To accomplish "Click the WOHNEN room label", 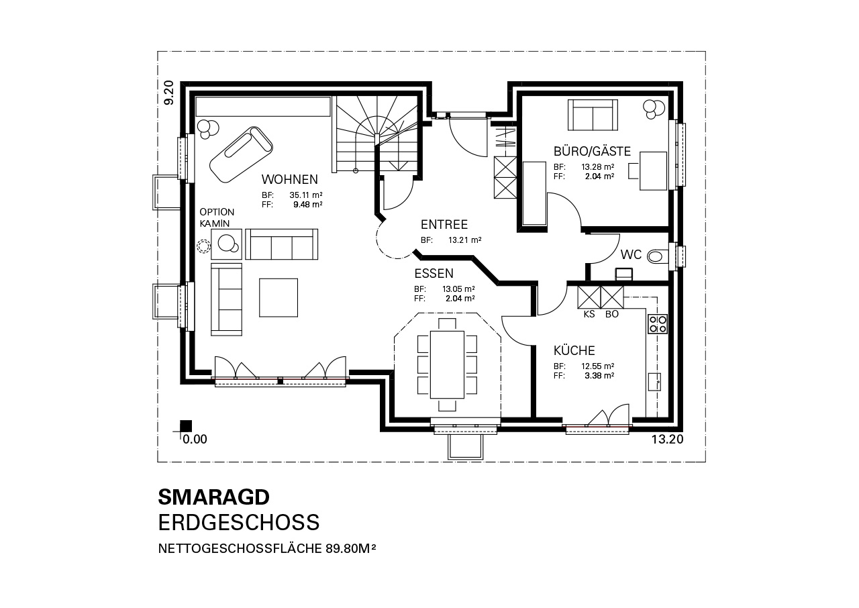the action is (290, 179).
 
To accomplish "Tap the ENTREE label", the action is (444, 224).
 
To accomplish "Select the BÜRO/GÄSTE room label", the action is (592, 151).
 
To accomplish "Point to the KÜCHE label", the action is (574, 350).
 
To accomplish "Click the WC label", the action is (631, 254).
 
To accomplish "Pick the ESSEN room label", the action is (434, 273).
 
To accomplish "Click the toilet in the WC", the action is (657, 256).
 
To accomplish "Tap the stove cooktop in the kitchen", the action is (658, 324).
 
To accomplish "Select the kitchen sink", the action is (654, 382).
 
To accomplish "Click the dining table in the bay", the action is (447, 364).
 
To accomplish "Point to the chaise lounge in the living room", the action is (241, 154).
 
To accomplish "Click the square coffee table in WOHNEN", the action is (279, 298).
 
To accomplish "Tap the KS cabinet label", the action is (589, 314).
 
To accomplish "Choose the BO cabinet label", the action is (612, 314).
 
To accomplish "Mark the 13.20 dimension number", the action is (667, 440).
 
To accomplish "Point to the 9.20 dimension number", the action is (168, 93).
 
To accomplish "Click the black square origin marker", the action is (186, 426).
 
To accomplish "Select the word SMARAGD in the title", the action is (214, 497).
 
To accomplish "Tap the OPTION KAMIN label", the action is (217, 217).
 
